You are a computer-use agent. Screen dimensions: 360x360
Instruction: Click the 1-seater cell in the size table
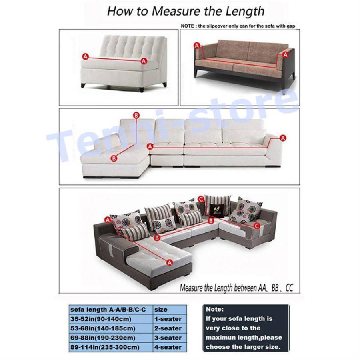pos(170,319)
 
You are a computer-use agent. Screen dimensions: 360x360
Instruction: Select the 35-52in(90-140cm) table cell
pos(111,319)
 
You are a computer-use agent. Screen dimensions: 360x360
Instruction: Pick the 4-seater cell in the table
pos(170,347)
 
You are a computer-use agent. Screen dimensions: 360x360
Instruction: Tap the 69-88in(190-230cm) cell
pos(111,338)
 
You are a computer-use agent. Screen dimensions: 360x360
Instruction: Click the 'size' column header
pos(170,310)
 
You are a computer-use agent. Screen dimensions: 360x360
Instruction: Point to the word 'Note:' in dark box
pos(214,309)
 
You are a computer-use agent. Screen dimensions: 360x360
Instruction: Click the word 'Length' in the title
pos(245,12)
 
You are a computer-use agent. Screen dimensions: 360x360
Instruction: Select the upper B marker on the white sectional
pos(136,115)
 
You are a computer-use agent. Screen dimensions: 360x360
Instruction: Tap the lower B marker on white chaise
pos(114,158)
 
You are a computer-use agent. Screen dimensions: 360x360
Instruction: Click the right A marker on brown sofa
pos(285,55)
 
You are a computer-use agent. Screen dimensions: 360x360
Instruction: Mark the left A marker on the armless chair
pos(86,56)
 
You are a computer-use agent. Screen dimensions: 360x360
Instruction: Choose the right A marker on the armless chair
pos(144,61)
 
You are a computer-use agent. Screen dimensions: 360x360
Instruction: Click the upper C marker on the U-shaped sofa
pos(201,199)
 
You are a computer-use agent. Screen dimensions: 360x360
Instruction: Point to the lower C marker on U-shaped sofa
pos(257,226)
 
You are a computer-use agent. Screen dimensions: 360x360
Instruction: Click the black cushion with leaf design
pos(216,210)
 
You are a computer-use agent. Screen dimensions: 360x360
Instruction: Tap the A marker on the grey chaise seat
pos(170,262)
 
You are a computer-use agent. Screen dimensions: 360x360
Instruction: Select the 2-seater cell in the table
pos(170,328)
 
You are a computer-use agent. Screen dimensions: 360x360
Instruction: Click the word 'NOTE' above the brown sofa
pos(187,26)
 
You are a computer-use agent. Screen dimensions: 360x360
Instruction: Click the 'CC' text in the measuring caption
pos(289,288)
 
